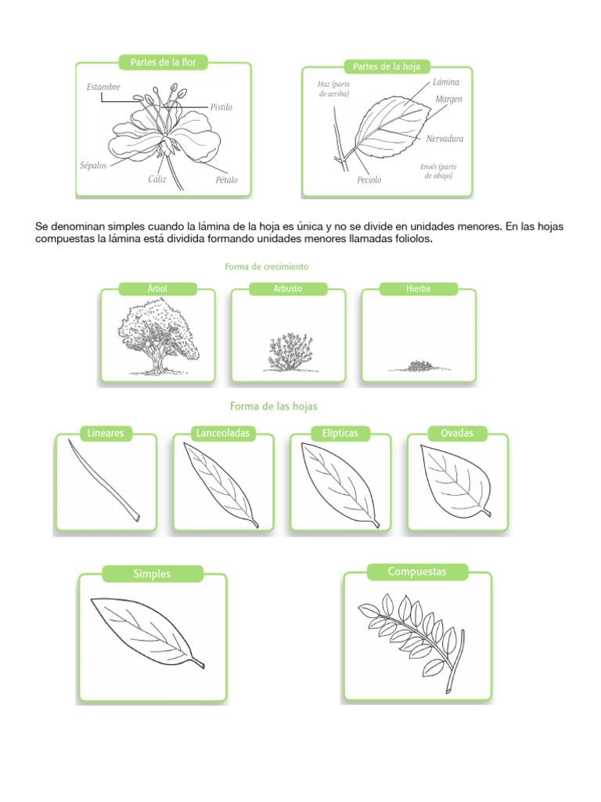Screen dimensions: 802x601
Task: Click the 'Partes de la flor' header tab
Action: click(163, 62)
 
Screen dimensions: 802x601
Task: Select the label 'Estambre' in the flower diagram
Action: click(103, 87)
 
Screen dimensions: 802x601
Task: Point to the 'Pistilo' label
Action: click(221, 107)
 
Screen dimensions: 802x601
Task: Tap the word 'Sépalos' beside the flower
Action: click(94, 166)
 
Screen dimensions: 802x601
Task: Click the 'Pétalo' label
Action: click(227, 180)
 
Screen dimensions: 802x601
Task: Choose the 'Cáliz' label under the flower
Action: click(158, 179)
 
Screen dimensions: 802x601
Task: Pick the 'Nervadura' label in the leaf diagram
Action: click(445, 139)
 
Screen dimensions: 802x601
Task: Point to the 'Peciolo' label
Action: click(369, 180)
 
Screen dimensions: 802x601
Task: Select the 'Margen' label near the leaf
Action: click(449, 99)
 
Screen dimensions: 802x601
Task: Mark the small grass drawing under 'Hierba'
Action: click(419, 366)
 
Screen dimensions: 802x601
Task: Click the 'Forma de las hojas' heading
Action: click(273, 406)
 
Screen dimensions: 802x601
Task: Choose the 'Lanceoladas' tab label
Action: click(223, 433)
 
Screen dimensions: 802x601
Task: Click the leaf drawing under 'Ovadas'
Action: click(455, 479)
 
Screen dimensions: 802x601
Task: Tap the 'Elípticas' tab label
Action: click(340, 433)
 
